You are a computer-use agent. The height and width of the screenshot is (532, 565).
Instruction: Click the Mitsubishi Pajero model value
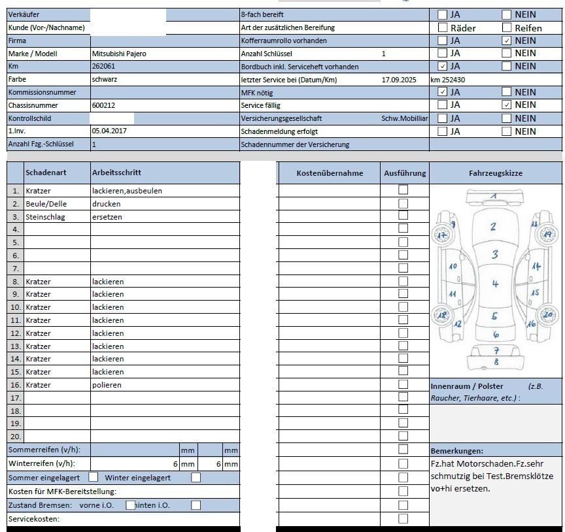[x=119, y=54]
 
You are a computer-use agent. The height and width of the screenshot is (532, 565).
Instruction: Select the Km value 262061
[x=103, y=67]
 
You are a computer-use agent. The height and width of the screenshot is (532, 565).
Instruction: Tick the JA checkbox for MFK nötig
[x=443, y=92]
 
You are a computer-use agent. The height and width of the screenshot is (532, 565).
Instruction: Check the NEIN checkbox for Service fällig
[x=507, y=105]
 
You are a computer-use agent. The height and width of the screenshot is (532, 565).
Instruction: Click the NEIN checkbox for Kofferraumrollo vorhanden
[x=507, y=41]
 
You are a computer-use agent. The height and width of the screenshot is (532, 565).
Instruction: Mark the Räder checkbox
[x=443, y=28]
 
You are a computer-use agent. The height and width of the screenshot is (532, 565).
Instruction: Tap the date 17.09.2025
[x=399, y=80]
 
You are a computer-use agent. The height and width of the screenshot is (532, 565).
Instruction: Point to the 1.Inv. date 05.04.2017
[x=110, y=131]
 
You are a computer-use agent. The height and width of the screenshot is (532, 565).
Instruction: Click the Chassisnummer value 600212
[x=103, y=105]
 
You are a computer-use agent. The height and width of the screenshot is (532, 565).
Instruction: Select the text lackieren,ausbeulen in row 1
[x=127, y=191]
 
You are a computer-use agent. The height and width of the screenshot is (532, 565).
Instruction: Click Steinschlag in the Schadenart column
[x=45, y=217]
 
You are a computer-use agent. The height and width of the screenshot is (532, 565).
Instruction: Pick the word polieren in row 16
[x=107, y=385]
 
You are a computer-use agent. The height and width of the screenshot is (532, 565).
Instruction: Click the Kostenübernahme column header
[x=330, y=173]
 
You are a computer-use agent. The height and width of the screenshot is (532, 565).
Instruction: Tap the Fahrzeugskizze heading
[x=496, y=173]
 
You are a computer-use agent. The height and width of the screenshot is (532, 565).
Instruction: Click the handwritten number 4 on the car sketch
[x=495, y=284]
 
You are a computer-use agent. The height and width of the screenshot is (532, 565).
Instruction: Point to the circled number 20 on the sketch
[x=547, y=314]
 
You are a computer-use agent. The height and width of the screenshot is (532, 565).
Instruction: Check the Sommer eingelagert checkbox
[x=94, y=477]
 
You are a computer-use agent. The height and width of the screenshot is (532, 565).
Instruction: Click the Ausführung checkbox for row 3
[x=403, y=216]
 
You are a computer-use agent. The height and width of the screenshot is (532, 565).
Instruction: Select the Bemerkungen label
[x=456, y=451]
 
